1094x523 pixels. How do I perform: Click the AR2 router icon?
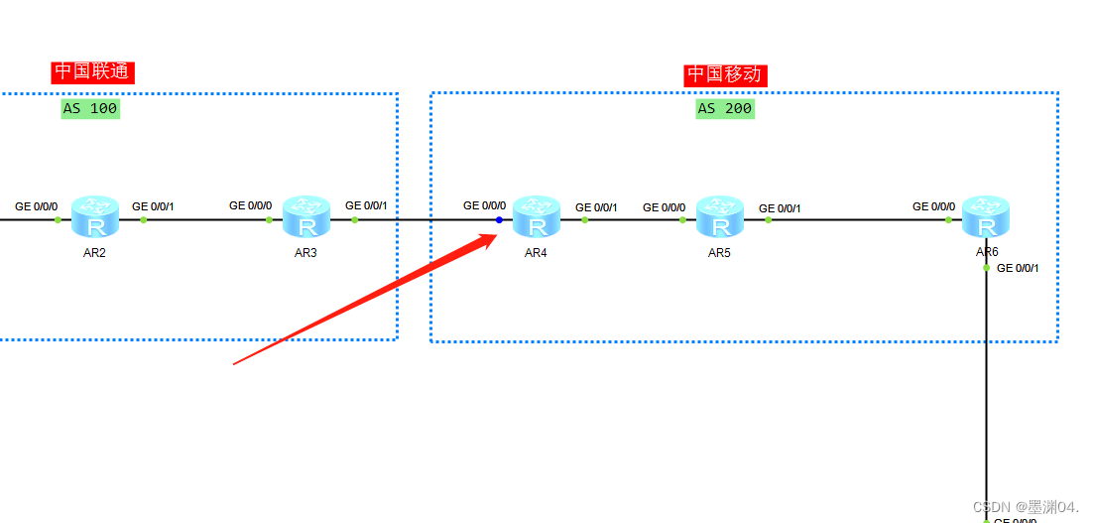(95, 216)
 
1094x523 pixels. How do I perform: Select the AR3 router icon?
(306, 216)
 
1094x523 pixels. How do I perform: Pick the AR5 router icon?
(719, 216)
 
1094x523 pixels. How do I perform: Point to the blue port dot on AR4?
(499, 219)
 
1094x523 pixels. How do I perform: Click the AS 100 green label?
(90, 108)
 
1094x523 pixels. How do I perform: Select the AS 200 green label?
(725, 108)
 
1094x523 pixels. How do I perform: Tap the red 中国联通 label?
(92, 71)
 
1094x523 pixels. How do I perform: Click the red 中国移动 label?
(725, 75)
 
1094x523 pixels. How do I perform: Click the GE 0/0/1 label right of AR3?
(366, 205)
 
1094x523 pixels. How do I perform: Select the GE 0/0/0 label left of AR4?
(484, 205)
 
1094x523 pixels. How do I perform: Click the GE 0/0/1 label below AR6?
(1018, 268)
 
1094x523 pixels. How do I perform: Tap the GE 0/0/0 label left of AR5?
(664, 206)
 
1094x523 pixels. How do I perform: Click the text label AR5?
(719, 253)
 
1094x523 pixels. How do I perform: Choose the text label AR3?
(305, 253)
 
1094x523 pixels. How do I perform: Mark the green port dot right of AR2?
(144, 219)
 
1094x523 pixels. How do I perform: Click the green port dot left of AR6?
(948, 219)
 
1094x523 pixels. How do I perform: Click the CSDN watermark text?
(1025, 507)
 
